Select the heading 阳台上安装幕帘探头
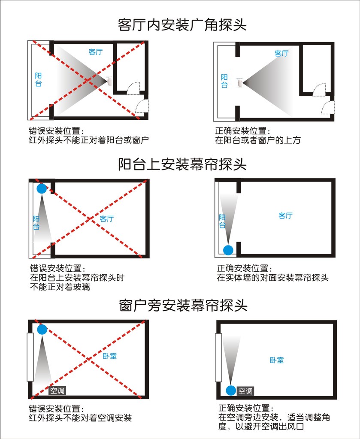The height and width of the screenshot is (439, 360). (x=182, y=164)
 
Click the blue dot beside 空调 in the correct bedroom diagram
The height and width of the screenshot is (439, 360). (x=231, y=391)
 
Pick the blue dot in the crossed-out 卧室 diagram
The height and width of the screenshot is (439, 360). (x=42, y=329)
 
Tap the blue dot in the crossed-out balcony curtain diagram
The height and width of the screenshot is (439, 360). (x=41, y=188)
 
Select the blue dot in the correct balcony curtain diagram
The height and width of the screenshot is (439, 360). (x=228, y=249)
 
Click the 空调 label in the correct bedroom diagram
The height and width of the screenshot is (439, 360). (x=245, y=391)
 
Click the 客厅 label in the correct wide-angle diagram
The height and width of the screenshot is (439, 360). (x=281, y=54)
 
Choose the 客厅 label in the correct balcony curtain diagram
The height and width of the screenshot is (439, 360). (x=285, y=215)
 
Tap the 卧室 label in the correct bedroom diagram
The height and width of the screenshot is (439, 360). (x=277, y=360)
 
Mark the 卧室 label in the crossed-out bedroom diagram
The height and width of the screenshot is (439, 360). (x=110, y=356)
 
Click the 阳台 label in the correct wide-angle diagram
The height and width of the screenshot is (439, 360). (x=224, y=81)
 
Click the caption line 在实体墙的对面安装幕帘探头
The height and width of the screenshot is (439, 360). (x=272, y=278)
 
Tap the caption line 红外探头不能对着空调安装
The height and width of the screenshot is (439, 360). (x=80, y=418)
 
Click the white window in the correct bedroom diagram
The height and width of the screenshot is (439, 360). (x=218, y=357)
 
